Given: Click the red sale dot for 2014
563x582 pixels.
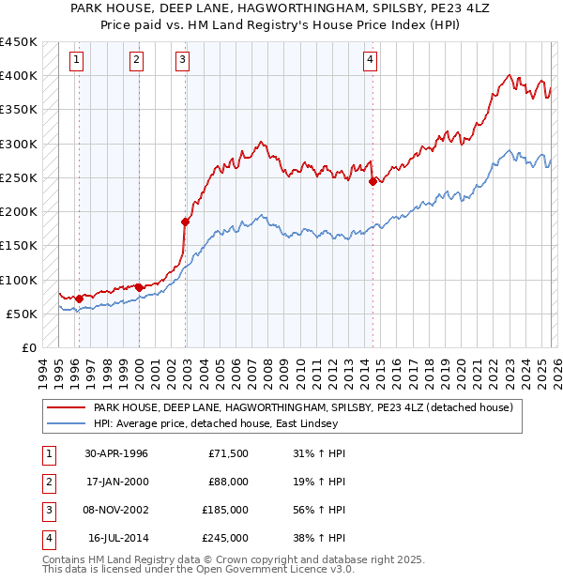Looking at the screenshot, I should pos(373,182).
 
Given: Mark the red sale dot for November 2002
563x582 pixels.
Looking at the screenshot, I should pos(186,222).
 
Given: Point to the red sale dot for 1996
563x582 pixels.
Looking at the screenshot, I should pos(79,299).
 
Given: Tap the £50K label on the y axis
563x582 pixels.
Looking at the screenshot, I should pos(22,314).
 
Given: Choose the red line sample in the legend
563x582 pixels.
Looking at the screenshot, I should pos(66,408).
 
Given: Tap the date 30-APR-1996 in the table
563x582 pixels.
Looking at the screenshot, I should pos(115,453).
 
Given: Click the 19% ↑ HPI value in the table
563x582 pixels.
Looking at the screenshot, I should pos(318,482).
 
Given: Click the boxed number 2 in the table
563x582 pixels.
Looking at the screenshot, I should pos(48,482).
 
